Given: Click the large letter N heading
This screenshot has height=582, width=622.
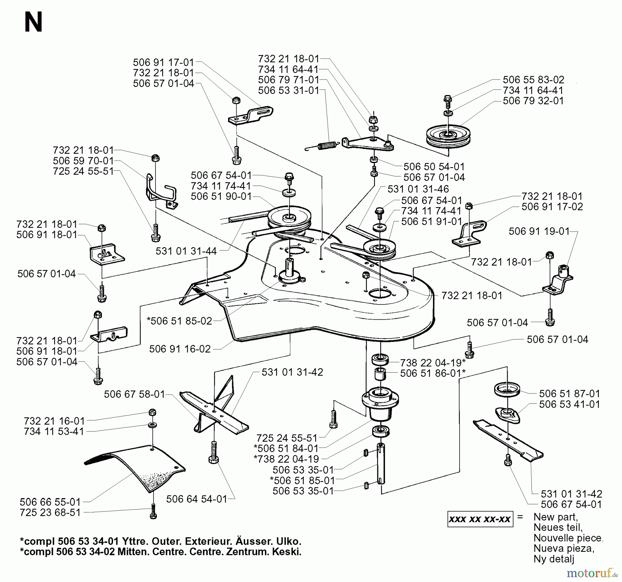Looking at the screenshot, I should (x=33, y=22).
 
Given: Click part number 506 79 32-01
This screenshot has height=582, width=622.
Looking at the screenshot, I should (x=533, y=101).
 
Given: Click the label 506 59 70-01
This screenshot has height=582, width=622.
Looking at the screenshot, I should (x=83, y=161).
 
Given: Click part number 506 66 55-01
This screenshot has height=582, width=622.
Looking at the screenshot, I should (x=50, y=502).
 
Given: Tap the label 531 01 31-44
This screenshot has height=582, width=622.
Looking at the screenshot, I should (x=186, y=251).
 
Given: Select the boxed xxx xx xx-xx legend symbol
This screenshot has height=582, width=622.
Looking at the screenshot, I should (x=480, y=519).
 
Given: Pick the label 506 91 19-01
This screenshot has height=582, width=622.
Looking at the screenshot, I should (x=539, y=231).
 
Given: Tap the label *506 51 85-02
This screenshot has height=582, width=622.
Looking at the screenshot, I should (x=179, y=321).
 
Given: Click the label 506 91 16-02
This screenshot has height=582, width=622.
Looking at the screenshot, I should (x=180, y=349).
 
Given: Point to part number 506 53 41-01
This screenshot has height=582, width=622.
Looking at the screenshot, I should (x=569, y=404).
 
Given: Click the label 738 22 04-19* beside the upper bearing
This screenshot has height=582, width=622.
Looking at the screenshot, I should (x=433, y=363).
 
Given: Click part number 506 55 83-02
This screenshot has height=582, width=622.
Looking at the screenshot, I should (x=533, y=80).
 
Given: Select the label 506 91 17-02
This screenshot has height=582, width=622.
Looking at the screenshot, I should (x=552, y=207).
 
